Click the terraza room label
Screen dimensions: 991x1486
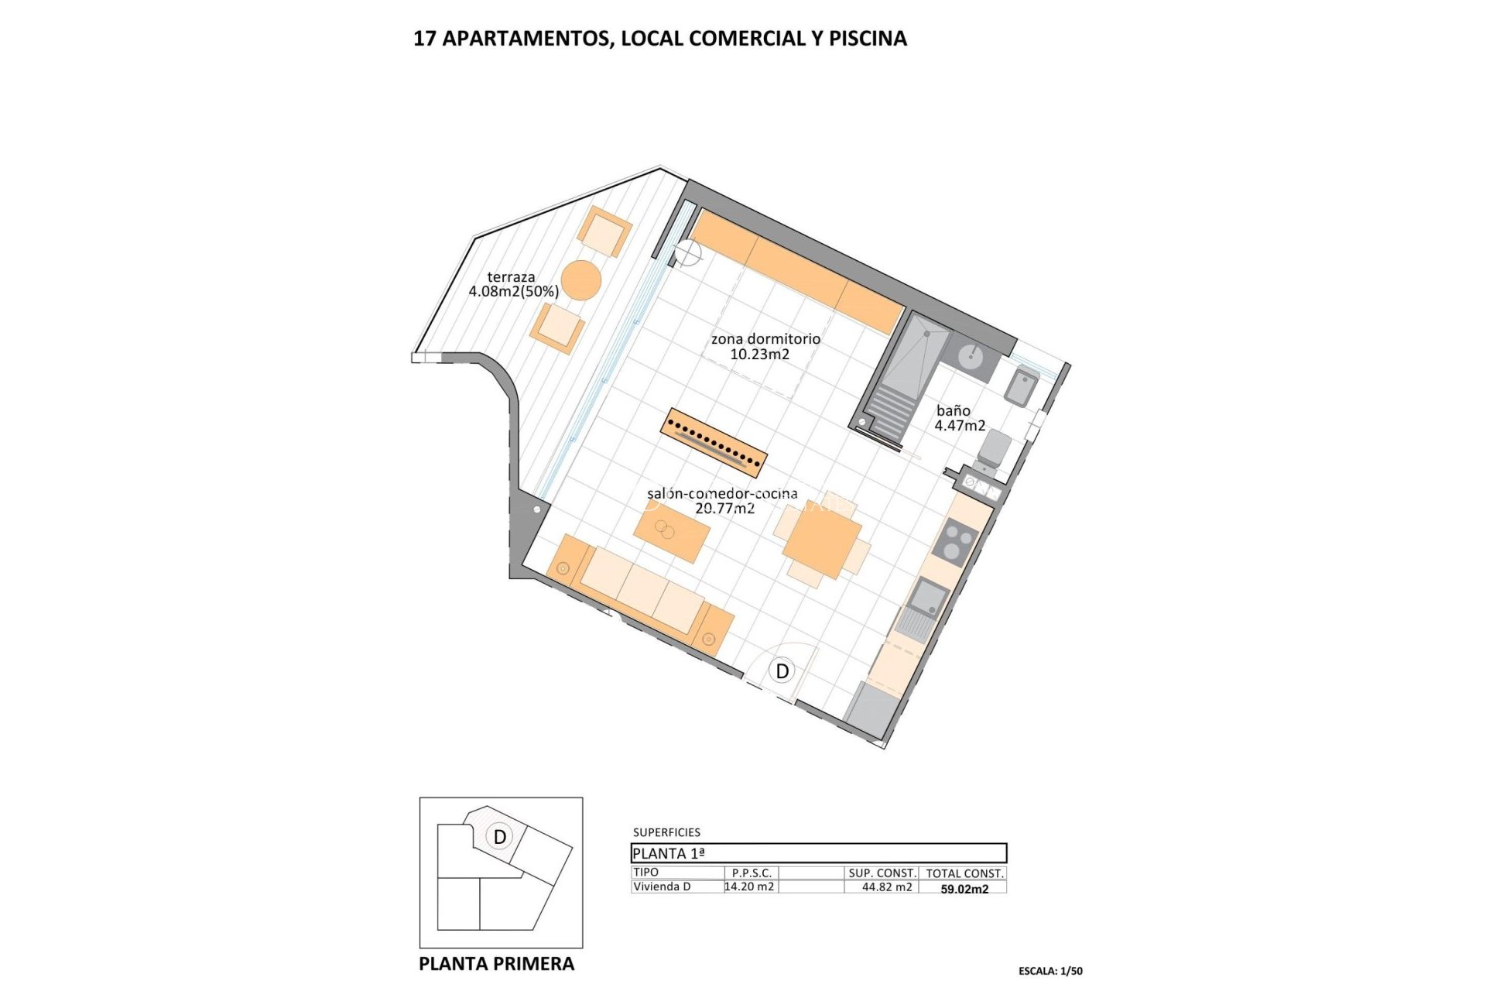[511, 277]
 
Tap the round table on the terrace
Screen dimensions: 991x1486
[581, 279]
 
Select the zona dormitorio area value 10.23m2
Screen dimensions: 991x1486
[759, 355]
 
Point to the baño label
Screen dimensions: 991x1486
[953, 411]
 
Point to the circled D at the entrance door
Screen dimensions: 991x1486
[782, 670]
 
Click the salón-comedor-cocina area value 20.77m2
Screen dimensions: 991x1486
[724, 509]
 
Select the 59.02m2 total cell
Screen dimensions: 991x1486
[964, 889]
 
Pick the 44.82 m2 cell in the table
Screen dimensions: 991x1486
[887, 887]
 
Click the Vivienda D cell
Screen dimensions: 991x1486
[663, 887]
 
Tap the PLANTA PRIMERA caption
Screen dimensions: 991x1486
[497, 964]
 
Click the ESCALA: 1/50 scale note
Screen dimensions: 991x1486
[1050, 971]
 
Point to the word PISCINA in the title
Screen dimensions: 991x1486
[868, 39]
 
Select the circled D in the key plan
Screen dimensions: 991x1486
[500, 837]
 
